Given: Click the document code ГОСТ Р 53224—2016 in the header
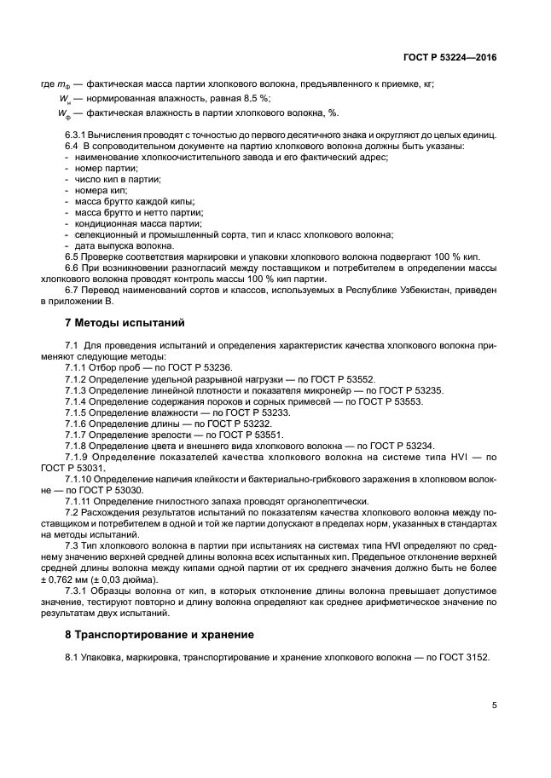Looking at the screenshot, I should pyautogui.click(x=451, y=57).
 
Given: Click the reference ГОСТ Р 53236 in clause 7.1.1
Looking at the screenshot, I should pyautogui.click(x=206, y=366).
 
